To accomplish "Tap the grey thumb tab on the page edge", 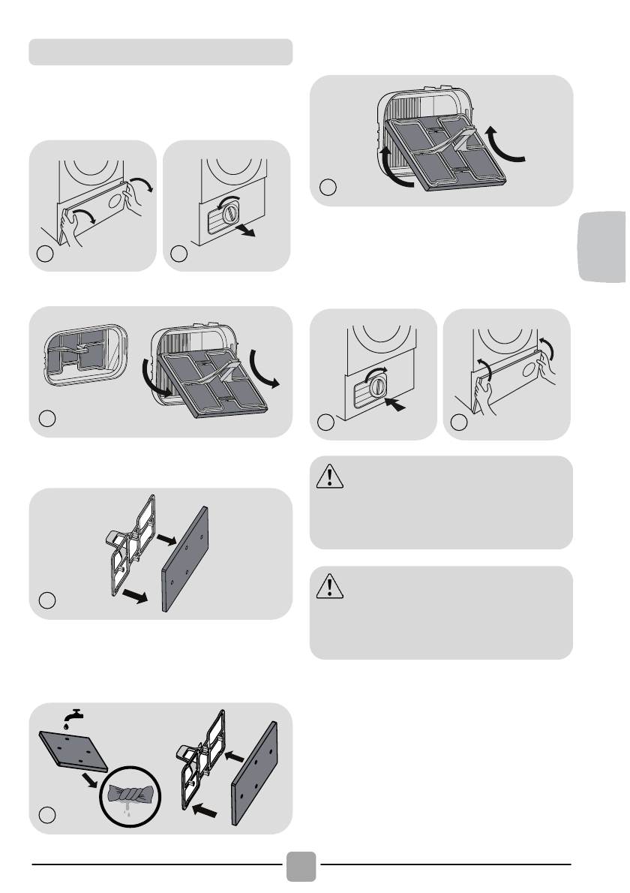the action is click(x=603, y=247).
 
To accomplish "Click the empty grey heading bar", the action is click(x=160, y=52).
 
